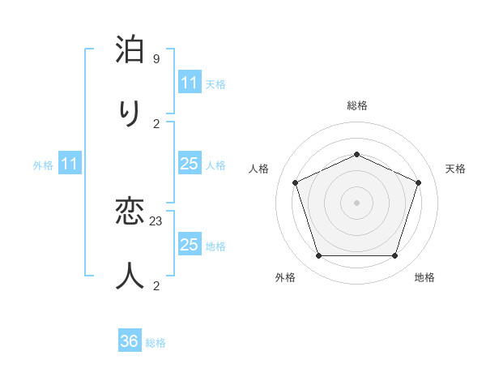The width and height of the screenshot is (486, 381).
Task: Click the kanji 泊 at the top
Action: [130, 51]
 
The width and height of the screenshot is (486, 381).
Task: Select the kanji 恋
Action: [130, 213]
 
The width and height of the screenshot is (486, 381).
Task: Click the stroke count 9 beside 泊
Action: [156, 59]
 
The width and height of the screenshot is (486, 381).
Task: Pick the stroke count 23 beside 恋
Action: [156, 220]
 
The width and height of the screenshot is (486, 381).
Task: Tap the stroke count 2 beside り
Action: [156, 123]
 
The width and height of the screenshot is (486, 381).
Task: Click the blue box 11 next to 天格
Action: [189, 83]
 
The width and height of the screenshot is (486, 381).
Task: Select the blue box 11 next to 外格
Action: [70, 165]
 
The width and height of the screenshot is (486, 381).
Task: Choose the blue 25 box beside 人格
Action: [189, 165]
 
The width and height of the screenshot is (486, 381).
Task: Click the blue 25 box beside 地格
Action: [189, 245]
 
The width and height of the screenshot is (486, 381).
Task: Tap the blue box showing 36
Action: [130, 341]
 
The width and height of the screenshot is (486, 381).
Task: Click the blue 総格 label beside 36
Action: [156, 343]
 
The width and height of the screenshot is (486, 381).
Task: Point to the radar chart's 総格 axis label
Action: [356, 106]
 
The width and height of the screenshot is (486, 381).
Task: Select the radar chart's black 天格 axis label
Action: [455, 169]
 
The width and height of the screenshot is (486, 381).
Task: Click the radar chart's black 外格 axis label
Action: [285, 278]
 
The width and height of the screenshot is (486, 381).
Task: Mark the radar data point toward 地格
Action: [394, 256]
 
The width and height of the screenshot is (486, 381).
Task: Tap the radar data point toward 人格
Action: [295, 182]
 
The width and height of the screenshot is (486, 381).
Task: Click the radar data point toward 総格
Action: [356, 154]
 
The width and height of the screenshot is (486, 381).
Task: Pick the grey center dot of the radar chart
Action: [356, 203]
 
